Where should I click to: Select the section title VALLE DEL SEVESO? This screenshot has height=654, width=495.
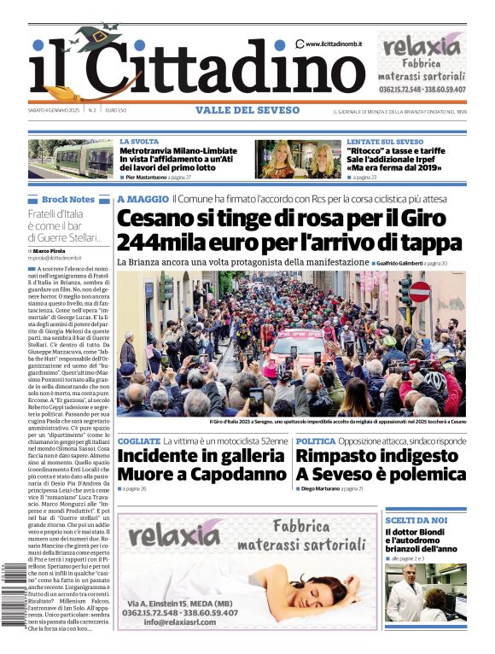[x=247, y=110]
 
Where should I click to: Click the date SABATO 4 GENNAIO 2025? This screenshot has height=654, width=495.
[x=54, y=110]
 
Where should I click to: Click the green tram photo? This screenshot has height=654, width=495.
[x=70, y=160]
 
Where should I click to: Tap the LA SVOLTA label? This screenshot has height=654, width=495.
[x=139, y=142]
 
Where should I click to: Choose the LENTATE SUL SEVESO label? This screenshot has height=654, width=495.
[x=385, y=142]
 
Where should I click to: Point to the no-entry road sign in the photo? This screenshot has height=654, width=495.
[x=419, y=292]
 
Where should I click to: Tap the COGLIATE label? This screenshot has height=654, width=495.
[x=138, y=441]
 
